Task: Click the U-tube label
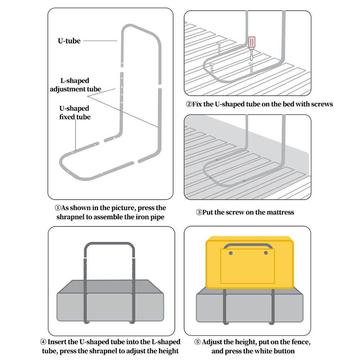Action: [x=69, y=41]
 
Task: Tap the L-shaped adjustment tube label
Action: [x=75, y=85]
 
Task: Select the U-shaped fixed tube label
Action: [x=75, y=112]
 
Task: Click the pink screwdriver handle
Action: [x=251, y=43]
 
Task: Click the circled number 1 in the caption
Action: [x=58, y=208]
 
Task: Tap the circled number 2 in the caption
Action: [x=189, y=104]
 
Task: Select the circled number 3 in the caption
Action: [x=199, y=212]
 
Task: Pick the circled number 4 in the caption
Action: [x=43, y=342]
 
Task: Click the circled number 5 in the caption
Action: [x=197, y=342]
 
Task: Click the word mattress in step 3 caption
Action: [x=280, y=212]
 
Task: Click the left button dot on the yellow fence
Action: [x=231, y=253]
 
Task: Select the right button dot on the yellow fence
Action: [x=266, y=253]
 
